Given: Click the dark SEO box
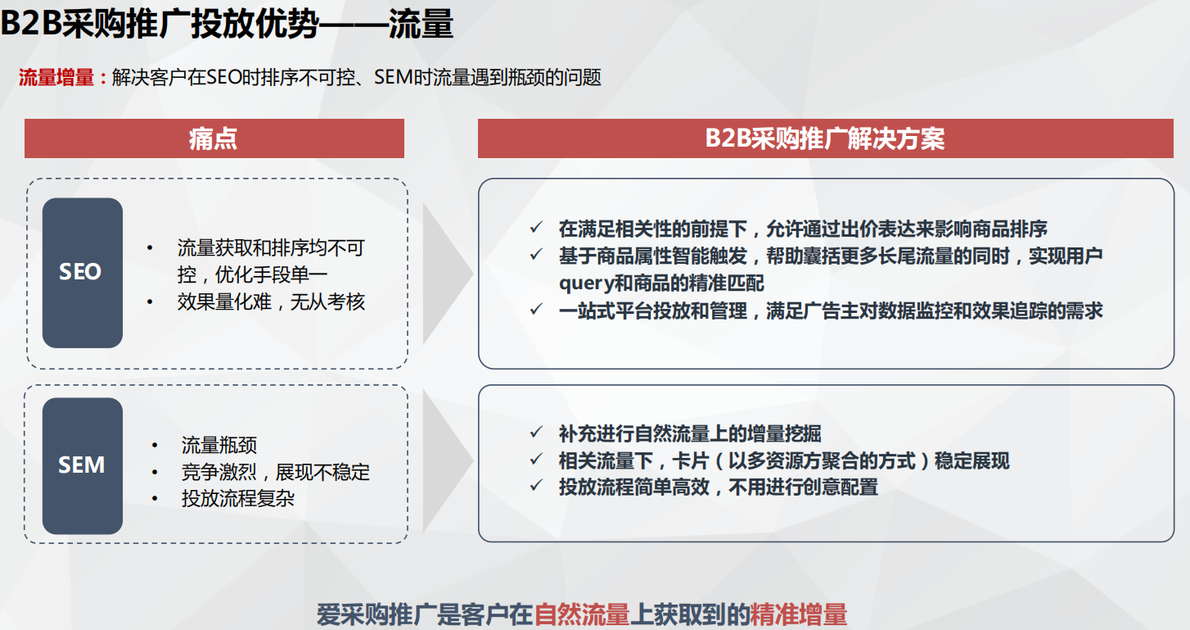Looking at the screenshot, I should point(82,272).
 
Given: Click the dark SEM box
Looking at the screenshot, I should point(82,465).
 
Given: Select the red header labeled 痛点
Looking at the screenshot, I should point(214,138).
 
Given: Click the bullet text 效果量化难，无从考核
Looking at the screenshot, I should point(271,302).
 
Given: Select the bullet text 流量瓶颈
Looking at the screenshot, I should point(219,446).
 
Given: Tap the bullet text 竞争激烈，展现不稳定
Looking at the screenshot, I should point(275,472).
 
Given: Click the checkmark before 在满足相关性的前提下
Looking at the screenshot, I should point(536,228).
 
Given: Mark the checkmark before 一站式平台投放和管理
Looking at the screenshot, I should point(536,310).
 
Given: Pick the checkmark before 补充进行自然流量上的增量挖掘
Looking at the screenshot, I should point(536,433).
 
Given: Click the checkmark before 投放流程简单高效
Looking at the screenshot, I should point(536,486).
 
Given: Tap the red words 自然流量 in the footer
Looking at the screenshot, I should point(581,614).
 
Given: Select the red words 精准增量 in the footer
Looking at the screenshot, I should point(798,614).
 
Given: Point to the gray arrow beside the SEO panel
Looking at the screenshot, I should point(446,273).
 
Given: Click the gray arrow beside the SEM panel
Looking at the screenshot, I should point(446,465).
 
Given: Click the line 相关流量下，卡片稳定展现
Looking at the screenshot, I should point(783,460).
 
